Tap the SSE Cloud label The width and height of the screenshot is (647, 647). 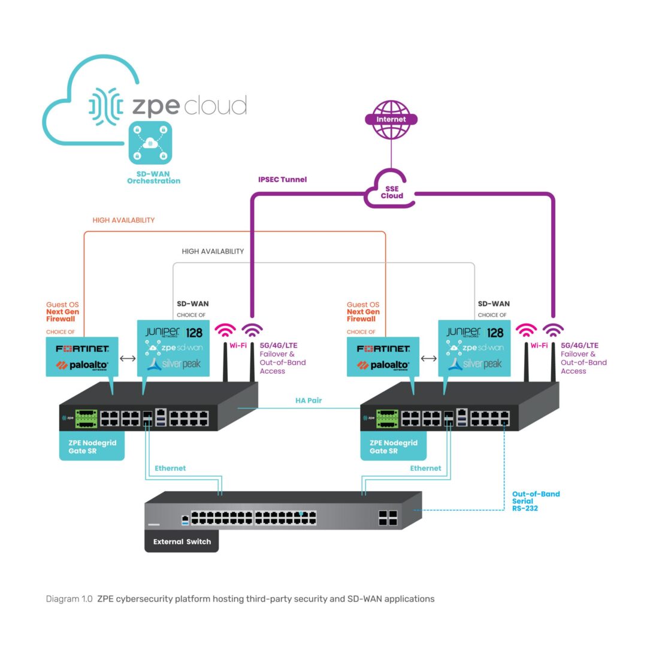pyautogui.click(x=392, y=192)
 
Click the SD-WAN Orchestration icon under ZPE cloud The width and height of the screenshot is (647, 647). pyautogui.click(x=150, y=143)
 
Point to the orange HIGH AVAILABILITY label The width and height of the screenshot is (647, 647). pyautogui.click(x=123, y=220)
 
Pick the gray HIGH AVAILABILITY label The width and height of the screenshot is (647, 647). pyautogui.click(x=213, y=252)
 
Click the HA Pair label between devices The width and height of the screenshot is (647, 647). pyautogui.click(x=309, y=400)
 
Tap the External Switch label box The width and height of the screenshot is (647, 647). pyautogui.click(x=182, y=542)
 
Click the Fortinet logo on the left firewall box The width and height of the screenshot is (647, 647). pyautogui.click(x=83, y=349)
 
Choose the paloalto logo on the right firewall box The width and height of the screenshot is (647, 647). pyautogui.click(x=383, y=365)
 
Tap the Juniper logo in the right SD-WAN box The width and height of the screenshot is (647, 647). pyautogui.click(x=463, y=332)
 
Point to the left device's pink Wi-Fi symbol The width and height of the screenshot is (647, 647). pyautogui.click(x=226, y=331)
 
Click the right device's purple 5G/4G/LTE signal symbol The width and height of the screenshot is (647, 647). pyautogui.click(x=552, y=331)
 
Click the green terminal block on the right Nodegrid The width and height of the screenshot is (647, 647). pyautogui.click(x=387, y=418)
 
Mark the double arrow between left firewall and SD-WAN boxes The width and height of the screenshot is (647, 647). pyautogui.click(x=127, y=358)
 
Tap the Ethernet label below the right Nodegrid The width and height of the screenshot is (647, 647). pyautogui.click(x=425, y=468)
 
